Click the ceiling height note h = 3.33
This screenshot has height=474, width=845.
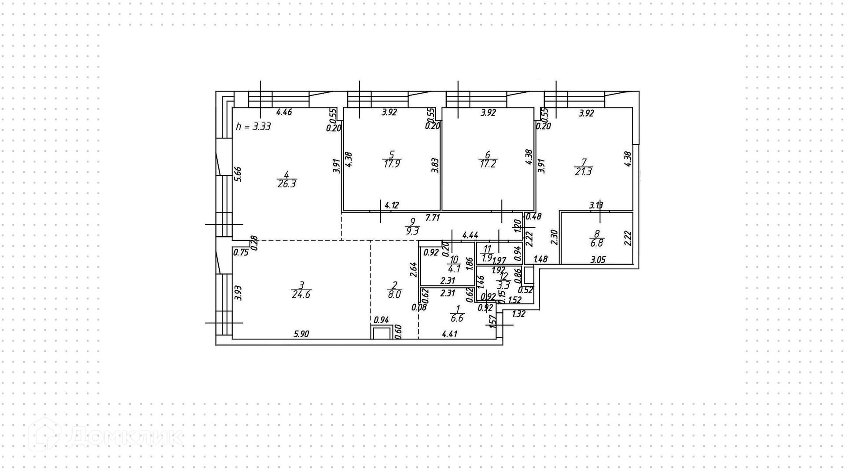253,127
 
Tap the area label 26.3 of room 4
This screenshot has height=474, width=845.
287,184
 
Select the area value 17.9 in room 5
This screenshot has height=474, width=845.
391,164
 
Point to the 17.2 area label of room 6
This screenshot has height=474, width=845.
487,164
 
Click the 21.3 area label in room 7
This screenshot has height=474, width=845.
583,172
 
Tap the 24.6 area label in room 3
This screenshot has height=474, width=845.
301,295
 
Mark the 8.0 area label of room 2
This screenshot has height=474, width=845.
394,295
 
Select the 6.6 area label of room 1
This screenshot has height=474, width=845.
457,318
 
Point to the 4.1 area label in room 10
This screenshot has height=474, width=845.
455,269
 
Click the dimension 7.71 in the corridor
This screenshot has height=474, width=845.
433,218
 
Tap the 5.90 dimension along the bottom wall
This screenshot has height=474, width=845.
301,334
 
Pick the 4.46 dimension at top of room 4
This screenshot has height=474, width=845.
284,112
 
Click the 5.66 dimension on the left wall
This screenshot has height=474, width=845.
238,174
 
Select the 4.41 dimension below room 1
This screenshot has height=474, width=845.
449,334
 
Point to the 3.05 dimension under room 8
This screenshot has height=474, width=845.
598,259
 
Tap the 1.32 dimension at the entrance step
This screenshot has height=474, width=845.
519,314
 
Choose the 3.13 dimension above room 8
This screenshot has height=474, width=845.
596,205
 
